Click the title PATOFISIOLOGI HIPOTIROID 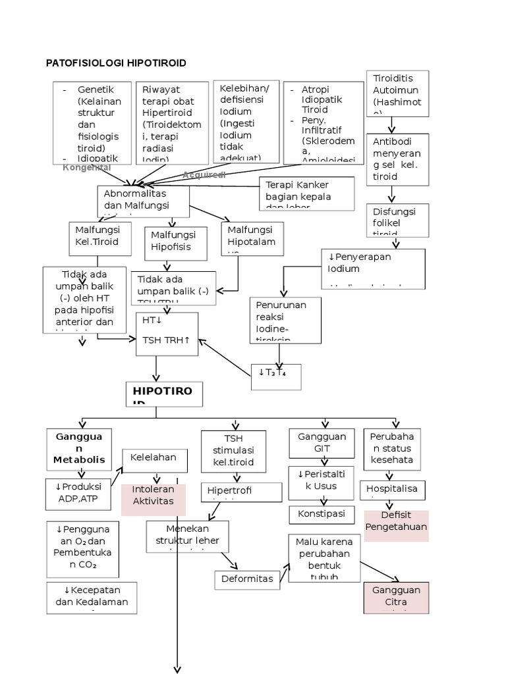pyautogui.click(x=116, y=63)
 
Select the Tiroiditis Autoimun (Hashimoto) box pyautogui.click(x=397, y=93)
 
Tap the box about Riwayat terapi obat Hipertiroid pyautogui.click(x=171, y=123)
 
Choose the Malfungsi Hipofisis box pyautogui.click(x=175, y=242)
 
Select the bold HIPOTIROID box pyautogui.click(x=164, y=394)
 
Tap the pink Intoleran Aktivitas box pyautogui.click(x=154, y=499)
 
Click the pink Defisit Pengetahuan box pyautogui.click(x=396, y=525)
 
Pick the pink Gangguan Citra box pyautogui.click(x=396, y=597)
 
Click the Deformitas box pyautogui.click(x=246, y=579)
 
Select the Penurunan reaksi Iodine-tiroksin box pyautogui.click(x=285, y=320)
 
